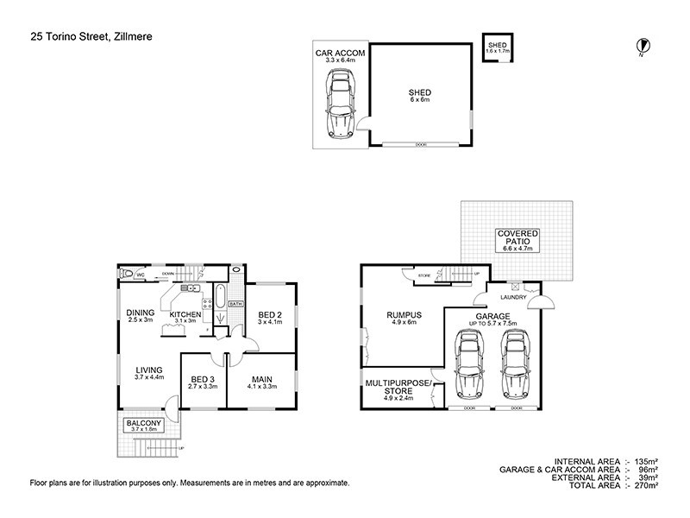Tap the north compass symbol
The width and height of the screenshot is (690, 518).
[641, 47]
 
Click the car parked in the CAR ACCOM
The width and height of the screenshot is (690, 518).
[340, 104]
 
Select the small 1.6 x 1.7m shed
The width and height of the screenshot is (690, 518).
[498, 47]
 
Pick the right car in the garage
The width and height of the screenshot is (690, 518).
[515, 365]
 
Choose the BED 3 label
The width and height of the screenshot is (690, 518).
[202, 379]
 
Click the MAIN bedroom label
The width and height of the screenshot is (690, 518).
[262, 379]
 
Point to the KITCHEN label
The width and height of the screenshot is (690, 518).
[185, 314]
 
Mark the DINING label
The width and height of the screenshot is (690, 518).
[140, 313]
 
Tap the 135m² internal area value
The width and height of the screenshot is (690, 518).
[645, 462]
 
